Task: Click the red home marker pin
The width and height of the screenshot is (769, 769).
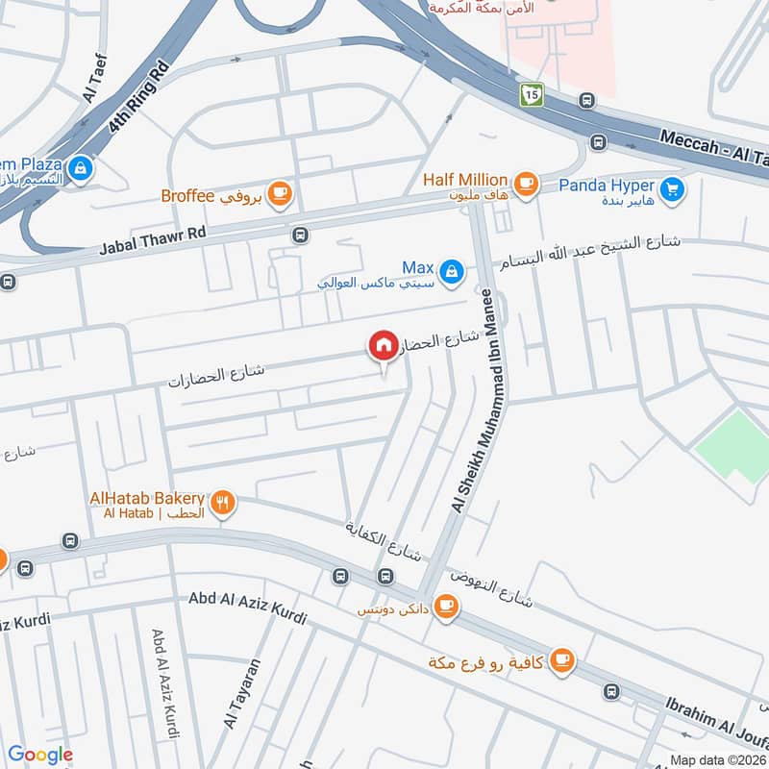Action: point(383,345)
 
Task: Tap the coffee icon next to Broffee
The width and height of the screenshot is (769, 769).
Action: point(280,195)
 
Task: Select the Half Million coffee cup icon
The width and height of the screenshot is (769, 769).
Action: point(525,181)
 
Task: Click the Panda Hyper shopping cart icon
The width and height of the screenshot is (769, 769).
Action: point(673,187)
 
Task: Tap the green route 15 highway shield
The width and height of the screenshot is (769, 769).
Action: point(533,93)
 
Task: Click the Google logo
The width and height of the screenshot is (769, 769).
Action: point(40,755)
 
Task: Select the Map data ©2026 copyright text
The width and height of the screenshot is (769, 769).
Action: point(717,759)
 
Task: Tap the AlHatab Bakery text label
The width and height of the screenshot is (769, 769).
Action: point(146,498)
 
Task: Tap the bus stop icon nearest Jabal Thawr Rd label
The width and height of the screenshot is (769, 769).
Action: point(301,235)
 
